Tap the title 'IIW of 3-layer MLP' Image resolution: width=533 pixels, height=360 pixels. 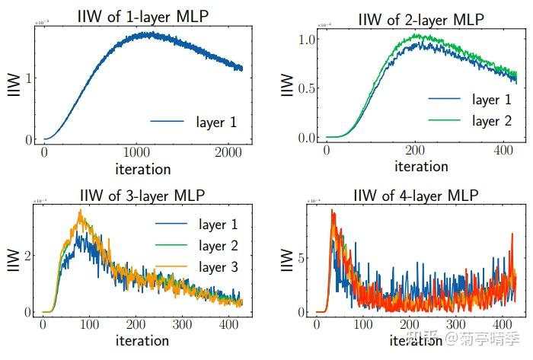click(x=142, y=197)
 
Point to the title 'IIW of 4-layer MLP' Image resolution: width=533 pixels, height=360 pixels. click(x=417, y=196)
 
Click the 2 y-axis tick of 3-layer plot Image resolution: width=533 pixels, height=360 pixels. click(x=27, y=254)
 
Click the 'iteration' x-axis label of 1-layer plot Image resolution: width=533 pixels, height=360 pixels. click(x=142, y=168)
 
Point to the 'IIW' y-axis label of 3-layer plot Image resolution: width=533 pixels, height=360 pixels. click(x=12, y=263)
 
